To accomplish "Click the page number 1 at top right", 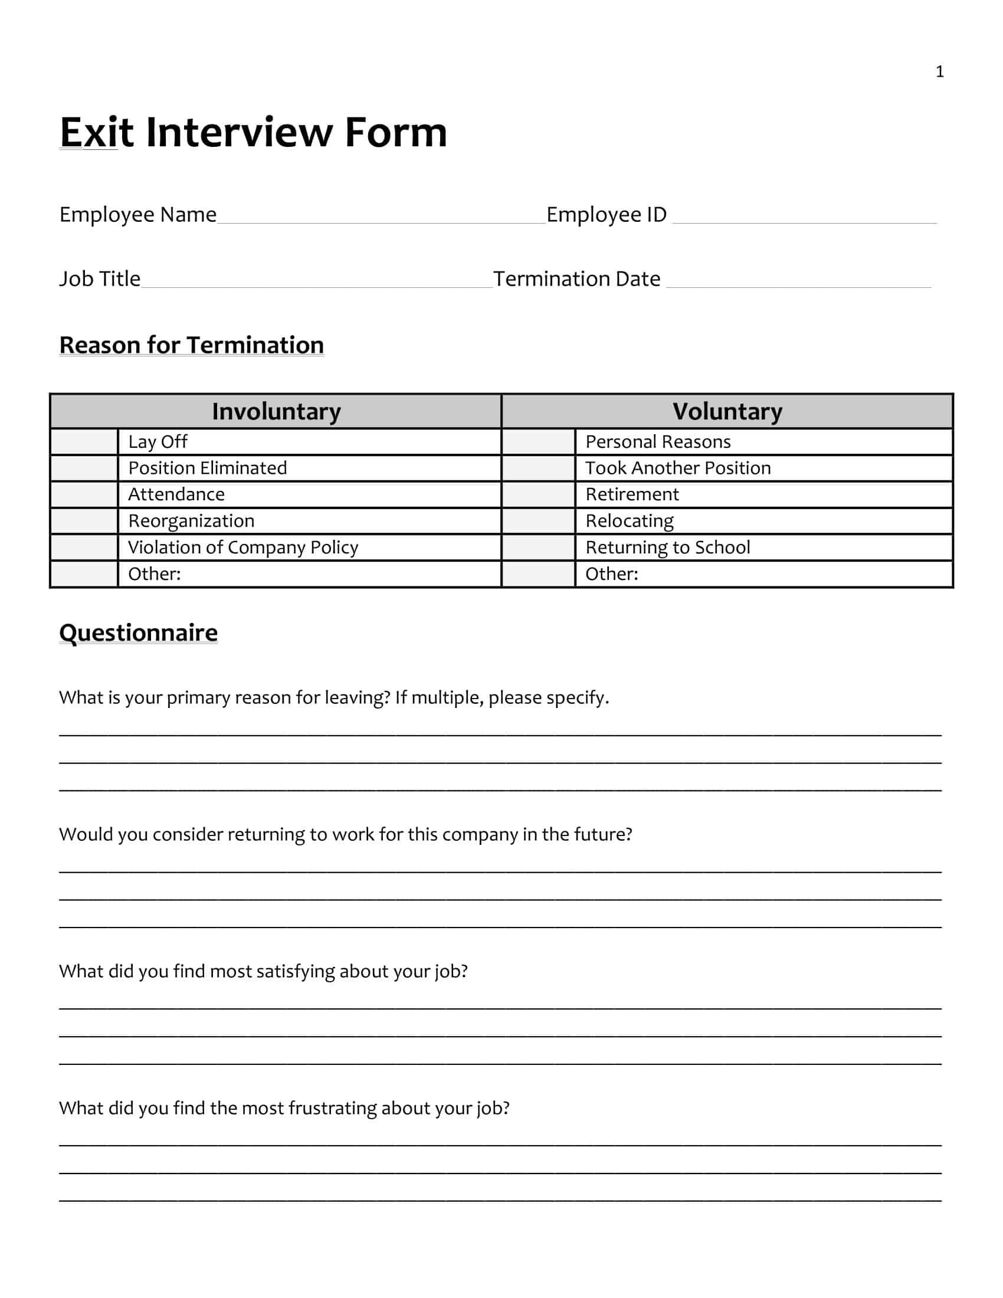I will [939, 72].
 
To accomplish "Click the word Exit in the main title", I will [96, 132].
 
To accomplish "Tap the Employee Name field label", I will [138, 215].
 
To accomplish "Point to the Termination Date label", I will [576, 278].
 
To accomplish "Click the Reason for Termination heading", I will [191, 345].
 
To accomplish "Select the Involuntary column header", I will [276, 411].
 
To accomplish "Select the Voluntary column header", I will [727, 411].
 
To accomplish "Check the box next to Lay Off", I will [84, 442].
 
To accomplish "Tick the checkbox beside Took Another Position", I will [537, 468].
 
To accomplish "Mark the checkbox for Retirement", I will [537, 494].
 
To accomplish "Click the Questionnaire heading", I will [139, 633].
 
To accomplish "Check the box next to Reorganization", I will [84, 521].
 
